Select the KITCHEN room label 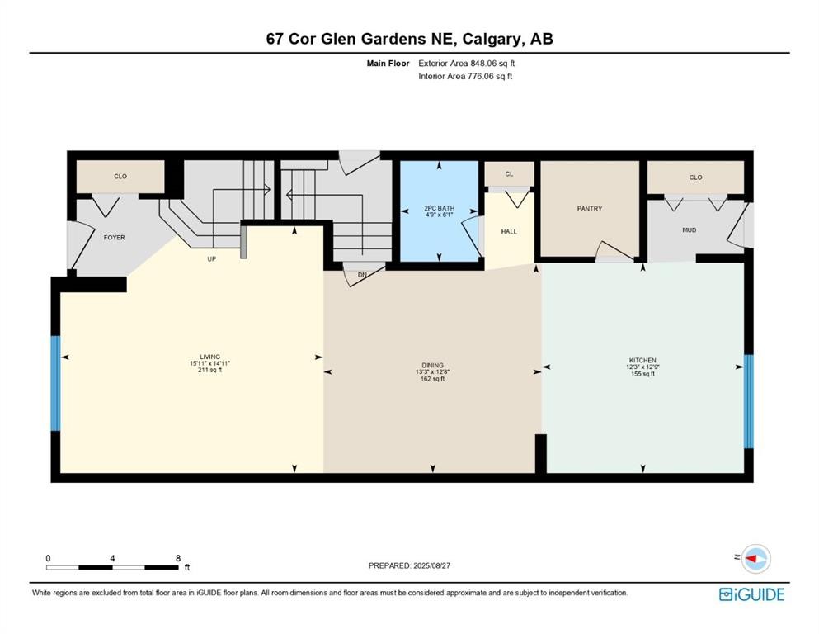642,361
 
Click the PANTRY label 589,209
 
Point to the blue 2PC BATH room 439,211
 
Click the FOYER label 114,238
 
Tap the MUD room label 689,230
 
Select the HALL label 509,232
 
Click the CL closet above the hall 509,174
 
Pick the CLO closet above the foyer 120,177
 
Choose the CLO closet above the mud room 695,177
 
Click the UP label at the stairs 211,258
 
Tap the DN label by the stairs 361,275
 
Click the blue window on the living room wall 55,383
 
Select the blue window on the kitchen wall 748,400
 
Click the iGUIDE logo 751,594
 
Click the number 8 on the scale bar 178,558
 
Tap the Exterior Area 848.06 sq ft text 470,63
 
